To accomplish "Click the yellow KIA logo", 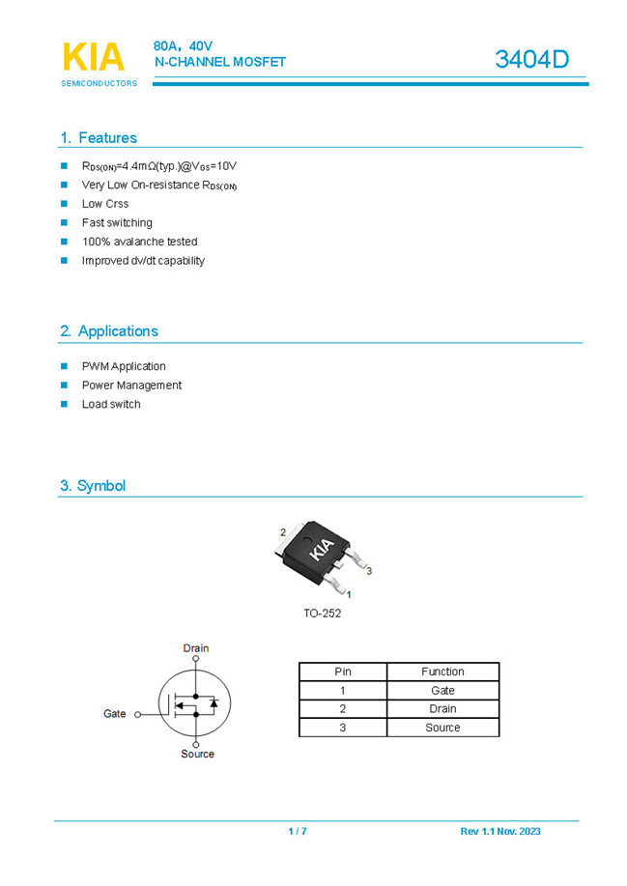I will click(93, 57).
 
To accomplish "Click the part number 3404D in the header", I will click(531, 59).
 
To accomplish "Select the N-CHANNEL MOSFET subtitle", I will click(220, 62).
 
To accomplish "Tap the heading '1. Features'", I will click(99, 137).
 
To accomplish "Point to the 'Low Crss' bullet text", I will click(105, 204).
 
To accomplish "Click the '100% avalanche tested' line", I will click(139, 242).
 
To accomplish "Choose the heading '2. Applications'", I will click(109, 330).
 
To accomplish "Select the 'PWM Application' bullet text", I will click(124, 366).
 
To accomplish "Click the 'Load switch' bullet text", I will click(111, 404).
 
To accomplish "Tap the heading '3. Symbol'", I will click(93, 486).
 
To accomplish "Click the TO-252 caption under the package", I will click(322, 614).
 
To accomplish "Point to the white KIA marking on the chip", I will click(321, 550).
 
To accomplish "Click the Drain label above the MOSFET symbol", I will click(196, 648).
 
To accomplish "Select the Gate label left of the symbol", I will click(115, 714).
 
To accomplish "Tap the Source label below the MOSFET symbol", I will click(197, 754).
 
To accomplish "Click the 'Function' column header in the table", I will click(442, 672).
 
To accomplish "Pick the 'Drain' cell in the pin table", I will click(442, 709).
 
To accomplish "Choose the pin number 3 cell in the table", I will click(342, 728).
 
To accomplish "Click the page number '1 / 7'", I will click(298, 832).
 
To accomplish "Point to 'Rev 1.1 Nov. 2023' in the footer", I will click(500, 832).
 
